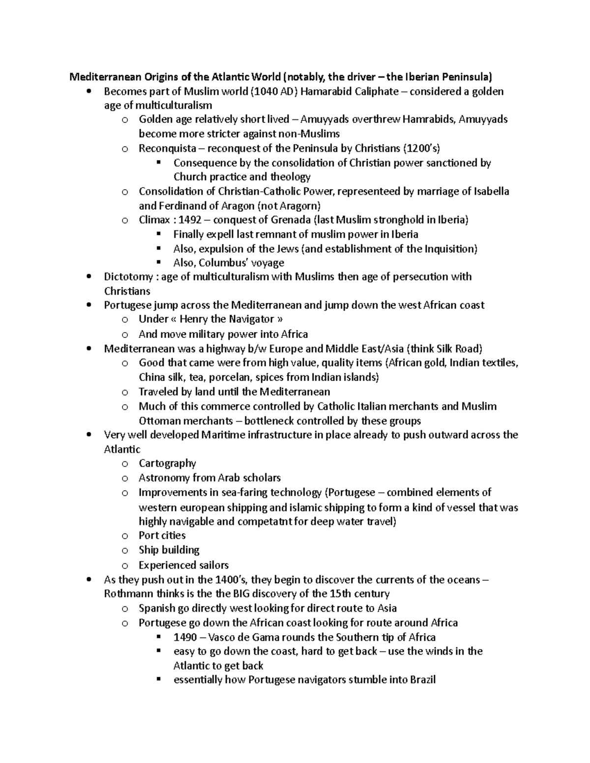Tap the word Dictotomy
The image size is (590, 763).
click(128, 277)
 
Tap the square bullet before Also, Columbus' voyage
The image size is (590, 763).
click(158, 263)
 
